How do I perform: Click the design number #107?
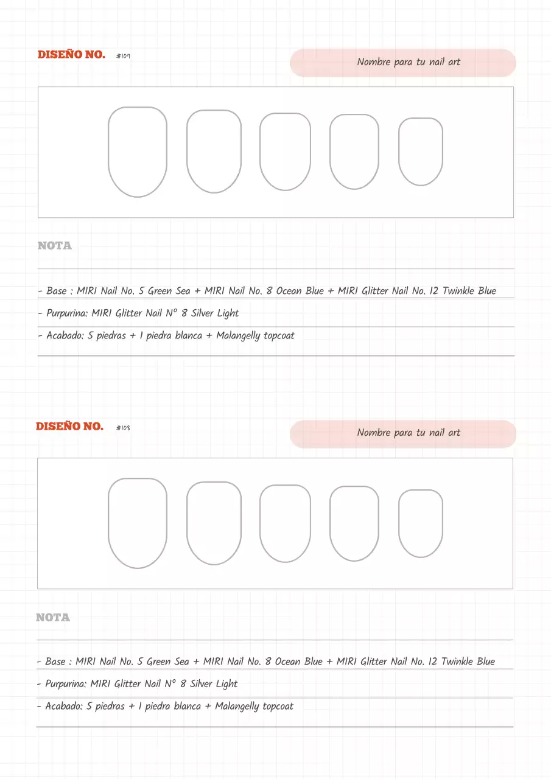coord(123,56)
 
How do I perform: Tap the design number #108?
coord(123,428)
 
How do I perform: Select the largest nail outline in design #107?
coord(138,152)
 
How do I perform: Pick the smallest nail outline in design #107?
coord(421,152)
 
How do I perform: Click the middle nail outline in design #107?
coord(285,152)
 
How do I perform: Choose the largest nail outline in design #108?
coord(138,523)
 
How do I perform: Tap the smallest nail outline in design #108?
coord(421,523)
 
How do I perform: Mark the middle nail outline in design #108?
coord(285,523)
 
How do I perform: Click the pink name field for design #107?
coord(402,63)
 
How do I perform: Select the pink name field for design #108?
coord(402,434)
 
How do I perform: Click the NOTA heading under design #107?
coord(55,246)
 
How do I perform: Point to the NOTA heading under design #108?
coord(53,618)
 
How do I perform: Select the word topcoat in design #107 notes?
coord(279,336)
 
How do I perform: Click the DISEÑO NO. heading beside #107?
coord(71,55)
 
